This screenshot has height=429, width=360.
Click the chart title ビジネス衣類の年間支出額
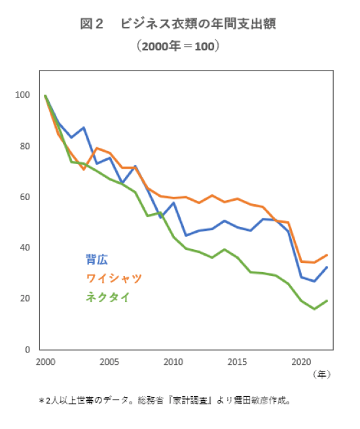(177, 24)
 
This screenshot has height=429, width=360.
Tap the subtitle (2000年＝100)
(177, 46)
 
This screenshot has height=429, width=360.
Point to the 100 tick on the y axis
(23, 95)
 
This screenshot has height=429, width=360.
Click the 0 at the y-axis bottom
(27, 349)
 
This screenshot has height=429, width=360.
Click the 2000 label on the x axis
(45, 362)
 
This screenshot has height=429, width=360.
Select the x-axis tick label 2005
(109, 362)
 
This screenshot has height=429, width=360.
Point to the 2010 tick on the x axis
(173, 362)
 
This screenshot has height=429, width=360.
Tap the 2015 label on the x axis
(236, 362)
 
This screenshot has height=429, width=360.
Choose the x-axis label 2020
(300, 362)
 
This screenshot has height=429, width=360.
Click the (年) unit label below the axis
(321, 374)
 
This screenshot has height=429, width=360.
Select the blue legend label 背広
(97, 259)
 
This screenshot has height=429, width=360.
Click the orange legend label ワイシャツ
(113, 278)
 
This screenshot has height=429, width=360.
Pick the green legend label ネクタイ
(107, 297)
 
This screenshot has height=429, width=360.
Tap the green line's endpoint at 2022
(327, 301)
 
